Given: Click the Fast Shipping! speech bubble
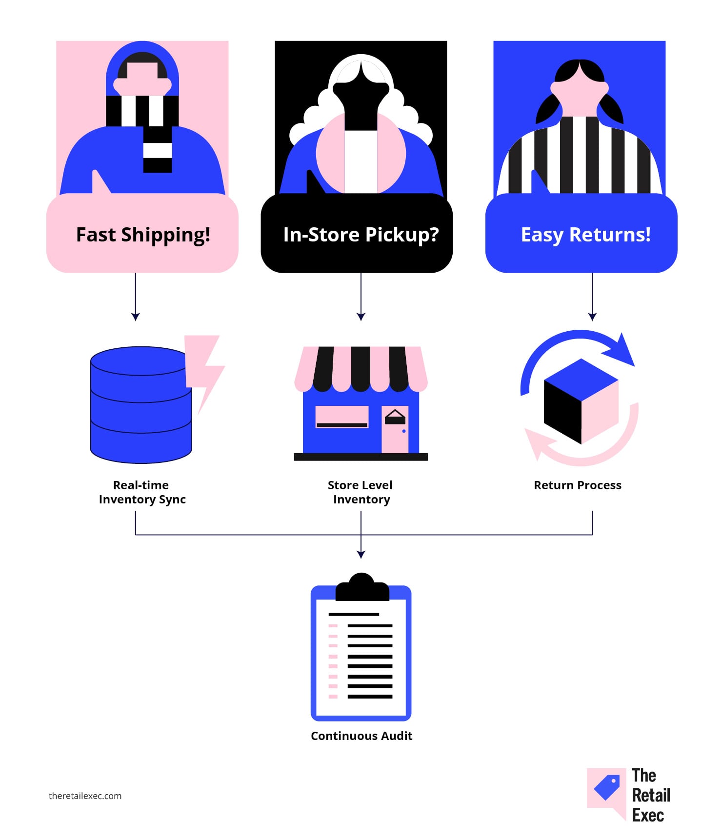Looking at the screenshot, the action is coord(142,233).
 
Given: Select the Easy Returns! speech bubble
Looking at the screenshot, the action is coord(582,233).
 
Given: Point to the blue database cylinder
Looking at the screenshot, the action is coord(141,405).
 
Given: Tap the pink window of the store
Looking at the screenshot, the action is coord(342,417).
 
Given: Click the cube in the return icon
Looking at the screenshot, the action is coord(581,401).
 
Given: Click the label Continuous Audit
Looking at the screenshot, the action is coord(361,736).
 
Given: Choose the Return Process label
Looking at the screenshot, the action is coord(578,485).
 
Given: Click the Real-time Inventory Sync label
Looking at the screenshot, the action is coord(142,492).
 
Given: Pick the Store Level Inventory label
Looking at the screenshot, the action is coord(361,492).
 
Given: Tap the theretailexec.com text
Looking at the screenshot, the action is coord(85,796).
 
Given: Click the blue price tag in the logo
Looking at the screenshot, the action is coord(607,787).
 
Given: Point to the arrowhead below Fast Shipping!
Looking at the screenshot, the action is coord(136,317).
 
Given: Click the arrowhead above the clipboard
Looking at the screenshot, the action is coord(361,554).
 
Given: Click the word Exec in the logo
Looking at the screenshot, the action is coord(648,815).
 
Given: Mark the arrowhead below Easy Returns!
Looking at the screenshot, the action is coord(592,317).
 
